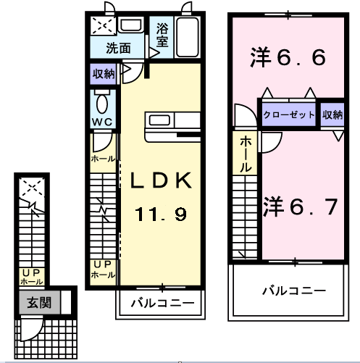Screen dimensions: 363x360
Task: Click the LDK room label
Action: (x=161, y=181)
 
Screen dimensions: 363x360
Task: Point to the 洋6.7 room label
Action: (x=298, y=207)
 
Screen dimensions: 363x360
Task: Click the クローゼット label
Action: (x=288, y=114)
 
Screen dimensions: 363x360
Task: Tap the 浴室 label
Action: (x=162, y=36)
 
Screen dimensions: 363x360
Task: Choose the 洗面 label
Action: (x=118, y=49)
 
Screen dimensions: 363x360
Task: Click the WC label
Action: (x=101, y=121)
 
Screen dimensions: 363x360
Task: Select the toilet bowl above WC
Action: (x=101, y=100)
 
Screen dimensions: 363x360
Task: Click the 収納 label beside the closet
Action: (x=332, y=114)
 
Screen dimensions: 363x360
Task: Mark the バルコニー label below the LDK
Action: (x=162, y=303)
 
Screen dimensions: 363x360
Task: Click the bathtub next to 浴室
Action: (x=186, y=37)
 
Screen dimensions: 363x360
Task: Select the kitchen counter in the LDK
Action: (x=172, y=125)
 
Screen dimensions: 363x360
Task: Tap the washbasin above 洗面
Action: (x=130, y=26)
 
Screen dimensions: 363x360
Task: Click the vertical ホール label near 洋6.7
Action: (x=246, y=154)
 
